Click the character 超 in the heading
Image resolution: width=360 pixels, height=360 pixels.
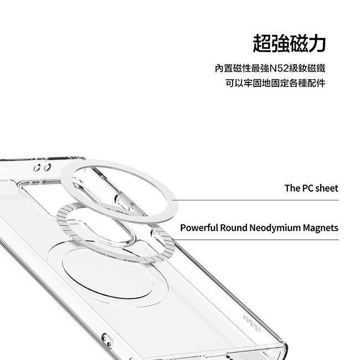(262, 43)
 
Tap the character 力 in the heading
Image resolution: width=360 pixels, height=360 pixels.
(317, 43)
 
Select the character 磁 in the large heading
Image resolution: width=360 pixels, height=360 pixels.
(299, 43)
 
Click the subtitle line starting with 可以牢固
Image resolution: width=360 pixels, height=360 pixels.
(275, 83)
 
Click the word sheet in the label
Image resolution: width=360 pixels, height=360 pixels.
(327, 188)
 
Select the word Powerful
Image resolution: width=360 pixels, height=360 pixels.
(199, 228)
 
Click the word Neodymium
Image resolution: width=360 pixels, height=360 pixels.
(275, 228)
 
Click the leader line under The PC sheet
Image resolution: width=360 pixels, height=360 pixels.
(255, 200)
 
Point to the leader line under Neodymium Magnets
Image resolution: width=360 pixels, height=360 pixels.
(256, 240)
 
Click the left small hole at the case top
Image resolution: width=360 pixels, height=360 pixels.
(37, 168)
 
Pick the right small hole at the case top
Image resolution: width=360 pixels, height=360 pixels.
(47, 167)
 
